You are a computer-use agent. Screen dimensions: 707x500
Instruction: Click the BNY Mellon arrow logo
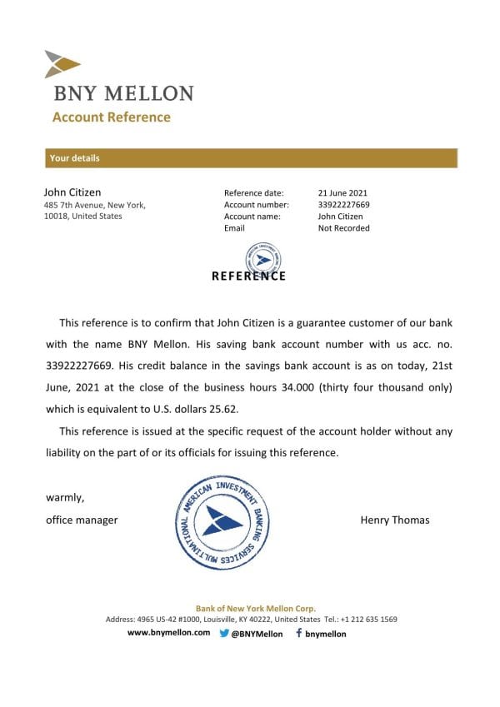pyautogui.click(x=62, y=64)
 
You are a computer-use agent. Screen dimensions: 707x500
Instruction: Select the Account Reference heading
pyautogui.click(x=111, y=117)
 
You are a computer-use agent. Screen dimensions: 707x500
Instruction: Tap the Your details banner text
pyautogui.click(x=74, y=158)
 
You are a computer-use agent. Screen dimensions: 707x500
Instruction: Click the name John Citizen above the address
pyautogui.click(x=72, y=192)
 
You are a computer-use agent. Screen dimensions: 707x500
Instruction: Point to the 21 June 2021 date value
pyautogui.click(x=342, y=193)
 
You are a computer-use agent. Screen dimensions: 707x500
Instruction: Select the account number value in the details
pyautogui.click(x=343, y=205)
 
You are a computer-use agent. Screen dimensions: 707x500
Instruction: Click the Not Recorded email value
pyautogui.click(x=343, y=228)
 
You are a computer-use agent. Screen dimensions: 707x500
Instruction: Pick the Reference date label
pyautogui.click(x=253, y=193)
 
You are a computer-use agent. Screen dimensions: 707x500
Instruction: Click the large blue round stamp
pyautogui.click(x=222, y=522)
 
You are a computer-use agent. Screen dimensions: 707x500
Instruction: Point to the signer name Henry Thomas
pyautogui.click(x=395, y=520)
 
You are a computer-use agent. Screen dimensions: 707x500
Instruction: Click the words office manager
pyautogui.click(x=82, y=520)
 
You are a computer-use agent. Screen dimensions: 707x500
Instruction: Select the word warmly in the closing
pyautogui.click(x=65, y=498)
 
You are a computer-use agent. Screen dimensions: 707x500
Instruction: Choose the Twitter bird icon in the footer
pyautogui.click(x=224, y=634)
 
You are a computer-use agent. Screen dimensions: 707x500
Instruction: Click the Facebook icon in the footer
pyautogui.click(x=298, y=633)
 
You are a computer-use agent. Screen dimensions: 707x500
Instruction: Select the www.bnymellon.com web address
pyautogui.click(x=168, y=633)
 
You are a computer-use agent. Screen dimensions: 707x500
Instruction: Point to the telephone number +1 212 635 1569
pyautogui.click(x=372, y=620)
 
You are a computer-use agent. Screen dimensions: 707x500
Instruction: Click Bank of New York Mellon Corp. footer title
pyautogui.click(x=255, y=609)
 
